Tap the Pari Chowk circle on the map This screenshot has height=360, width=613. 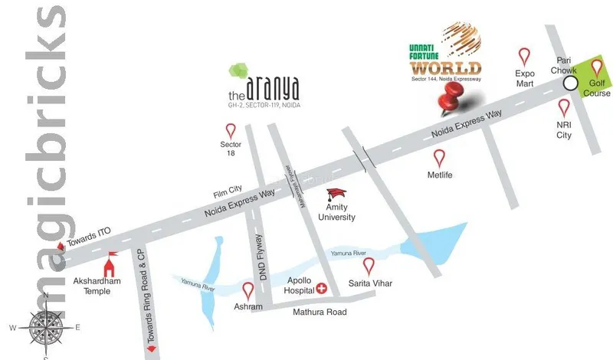click(569, 83)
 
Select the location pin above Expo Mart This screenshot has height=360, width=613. click(524, 56)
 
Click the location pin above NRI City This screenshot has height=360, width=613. click(564, 107)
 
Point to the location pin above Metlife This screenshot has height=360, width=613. click(439, 158)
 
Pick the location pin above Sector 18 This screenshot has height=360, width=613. click(231, 128)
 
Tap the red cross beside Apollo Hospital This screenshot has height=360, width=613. click(322, 289)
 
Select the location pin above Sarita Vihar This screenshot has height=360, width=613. click(369, 267)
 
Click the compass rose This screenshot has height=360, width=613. click(45, 327)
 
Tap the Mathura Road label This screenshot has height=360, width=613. click(319, 312)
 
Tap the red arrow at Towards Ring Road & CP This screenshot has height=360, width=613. click(152, 349)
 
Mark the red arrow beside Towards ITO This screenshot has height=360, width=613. click(61, 246)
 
